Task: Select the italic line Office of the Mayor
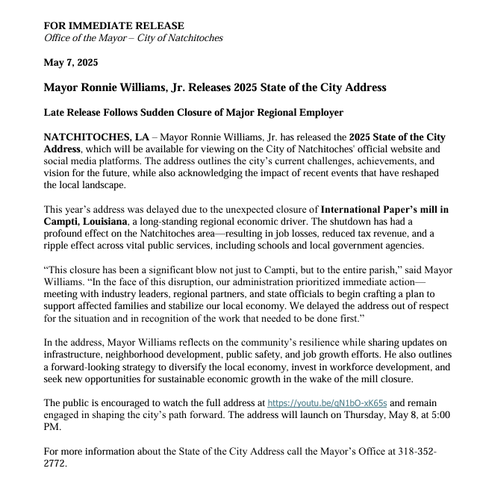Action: click(x=134, y=38)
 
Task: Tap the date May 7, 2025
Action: click(x=71, y=63)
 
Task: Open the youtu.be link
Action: click(x=325, y=402)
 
